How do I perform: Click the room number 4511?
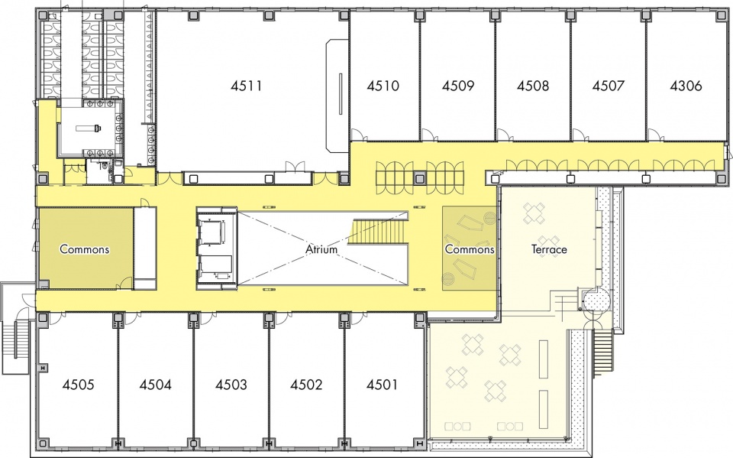pos(247,86)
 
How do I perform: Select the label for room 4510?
pos(383,86)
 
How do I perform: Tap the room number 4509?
pos(458,86)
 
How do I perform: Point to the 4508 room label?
pos(533,86)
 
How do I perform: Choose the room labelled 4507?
pos(609,86)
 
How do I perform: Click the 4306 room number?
pos(686,86)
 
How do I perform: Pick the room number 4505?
pos(78,385)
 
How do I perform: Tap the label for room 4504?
pos(155,385)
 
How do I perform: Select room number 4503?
pos(231,385)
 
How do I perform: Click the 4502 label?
pos(306,385)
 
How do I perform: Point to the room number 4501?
pos(382,385)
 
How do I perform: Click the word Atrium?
pos(321,249)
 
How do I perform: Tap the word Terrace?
pos(549,249)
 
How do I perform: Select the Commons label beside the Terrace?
pos(470,249)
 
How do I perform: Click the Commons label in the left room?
pos(85,249)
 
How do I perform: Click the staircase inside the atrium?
pos(379,232)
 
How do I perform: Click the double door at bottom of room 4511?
pos(295,167)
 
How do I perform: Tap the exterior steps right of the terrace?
pos(603,353)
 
